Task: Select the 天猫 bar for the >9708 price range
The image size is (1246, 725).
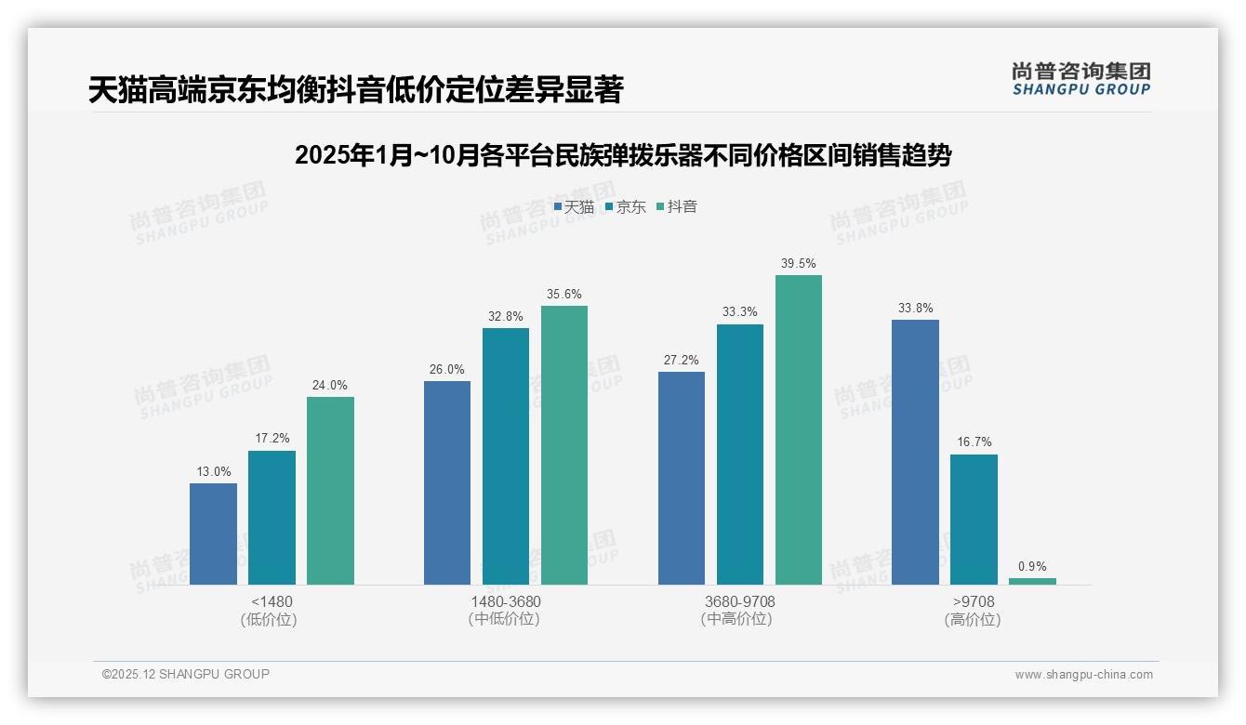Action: click(x=915, y=452)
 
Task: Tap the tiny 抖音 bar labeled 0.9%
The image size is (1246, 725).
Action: click(x=1032, y=581)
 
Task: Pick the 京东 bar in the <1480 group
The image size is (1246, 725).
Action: click(x=272, y=518)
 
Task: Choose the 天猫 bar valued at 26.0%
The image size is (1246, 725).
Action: click(x=447, y=482)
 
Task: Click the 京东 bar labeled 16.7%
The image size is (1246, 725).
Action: click(x=974, y=519)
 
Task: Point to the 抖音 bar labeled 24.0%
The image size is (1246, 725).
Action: click(x=330, y=491)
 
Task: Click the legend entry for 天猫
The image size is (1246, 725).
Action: click(x=574, y=207)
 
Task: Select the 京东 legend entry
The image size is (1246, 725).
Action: click(x=625, y=207)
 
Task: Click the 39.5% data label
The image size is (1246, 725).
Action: click(x=798, y=264)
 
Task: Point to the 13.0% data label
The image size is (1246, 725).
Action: click(x=213, y=472)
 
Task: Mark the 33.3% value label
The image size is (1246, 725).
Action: click(x=739, y=312)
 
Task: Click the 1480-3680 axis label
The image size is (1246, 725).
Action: click(x=506, y=602)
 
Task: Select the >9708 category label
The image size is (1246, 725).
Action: click(x=973, y=602)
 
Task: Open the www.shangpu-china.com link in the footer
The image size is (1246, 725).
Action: click(x=1083, y=675)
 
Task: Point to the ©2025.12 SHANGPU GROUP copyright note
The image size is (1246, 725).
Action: click(x=186, y=675)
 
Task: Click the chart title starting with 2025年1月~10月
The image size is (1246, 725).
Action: click(x=622, y=156)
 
